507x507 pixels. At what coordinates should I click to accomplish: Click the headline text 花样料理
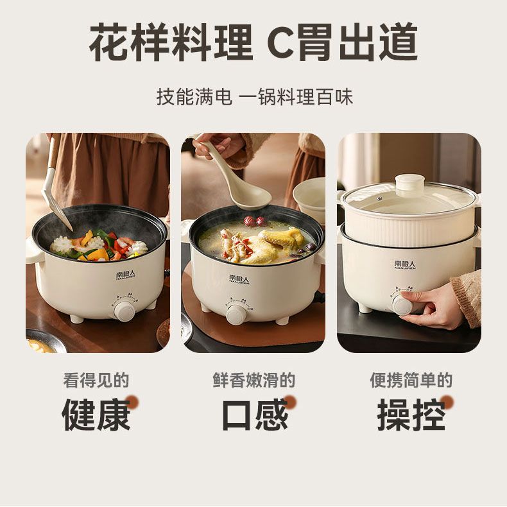[171, 42]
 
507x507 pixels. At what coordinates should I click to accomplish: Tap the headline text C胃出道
[342, 42]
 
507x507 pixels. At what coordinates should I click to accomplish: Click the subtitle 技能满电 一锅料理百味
[255, 96]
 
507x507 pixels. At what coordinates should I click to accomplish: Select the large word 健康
[96, 415]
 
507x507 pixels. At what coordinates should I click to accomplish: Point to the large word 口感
[255, 415]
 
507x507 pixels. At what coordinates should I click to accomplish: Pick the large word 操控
[411, 415]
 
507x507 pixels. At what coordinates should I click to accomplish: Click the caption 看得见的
[96, 380]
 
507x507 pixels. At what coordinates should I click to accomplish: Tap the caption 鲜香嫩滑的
[254, 380]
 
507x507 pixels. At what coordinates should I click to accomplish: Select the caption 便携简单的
[411, 380]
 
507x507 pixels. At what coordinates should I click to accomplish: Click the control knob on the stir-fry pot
[124, 311]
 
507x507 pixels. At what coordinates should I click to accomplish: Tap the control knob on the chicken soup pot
[236, 314]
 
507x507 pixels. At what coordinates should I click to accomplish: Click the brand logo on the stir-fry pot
[125, 275]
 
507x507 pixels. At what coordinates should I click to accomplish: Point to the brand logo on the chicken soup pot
[239, 279]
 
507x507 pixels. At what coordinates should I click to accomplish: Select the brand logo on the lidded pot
[405, 265]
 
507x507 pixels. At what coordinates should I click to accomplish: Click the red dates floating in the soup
[255, 221]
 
